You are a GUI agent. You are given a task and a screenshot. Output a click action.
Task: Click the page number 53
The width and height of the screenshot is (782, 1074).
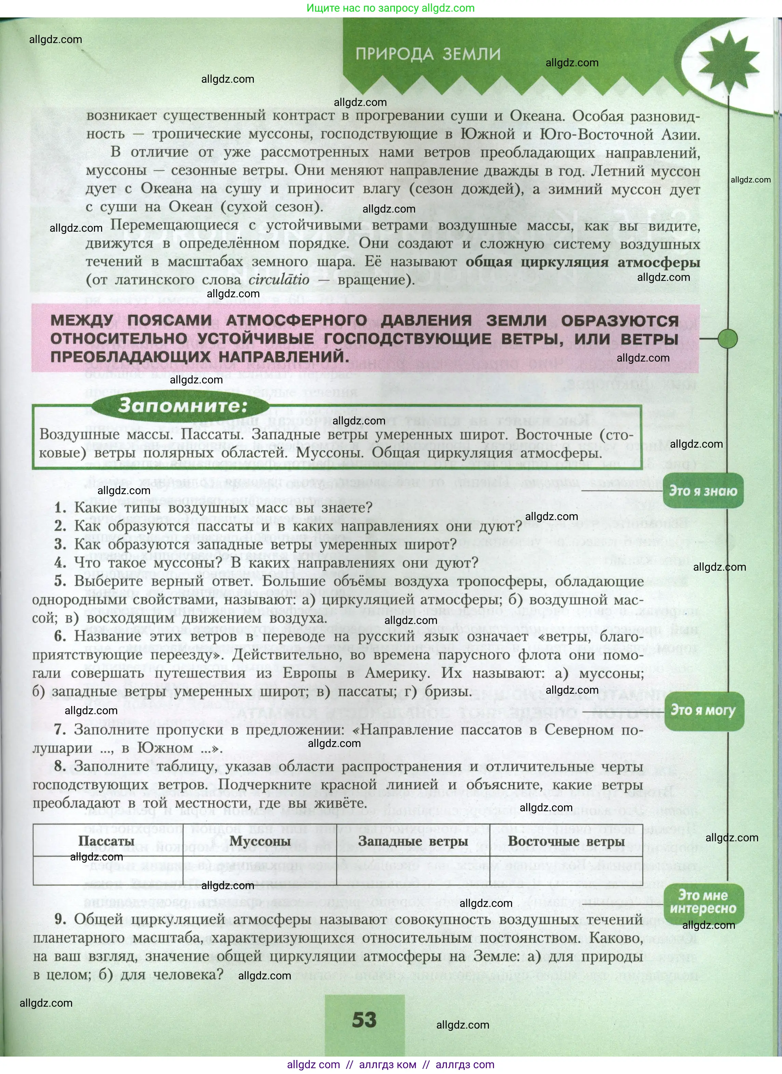point(364,1020)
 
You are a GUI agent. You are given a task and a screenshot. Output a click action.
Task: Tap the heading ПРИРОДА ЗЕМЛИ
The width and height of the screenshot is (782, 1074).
point(428,54)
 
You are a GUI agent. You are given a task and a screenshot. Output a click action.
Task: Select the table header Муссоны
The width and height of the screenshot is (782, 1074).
point(260,841)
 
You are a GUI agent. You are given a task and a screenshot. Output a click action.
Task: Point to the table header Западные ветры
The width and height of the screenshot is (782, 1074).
point(413,841)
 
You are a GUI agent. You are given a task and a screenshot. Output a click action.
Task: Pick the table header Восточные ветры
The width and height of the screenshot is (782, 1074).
point(566,841)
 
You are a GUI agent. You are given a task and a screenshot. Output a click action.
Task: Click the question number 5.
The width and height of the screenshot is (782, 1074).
point(60,581)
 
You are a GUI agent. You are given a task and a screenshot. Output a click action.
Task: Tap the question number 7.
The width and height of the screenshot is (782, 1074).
point(60,730)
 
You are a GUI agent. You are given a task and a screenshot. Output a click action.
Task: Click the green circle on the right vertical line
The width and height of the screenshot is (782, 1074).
point(728,339)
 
